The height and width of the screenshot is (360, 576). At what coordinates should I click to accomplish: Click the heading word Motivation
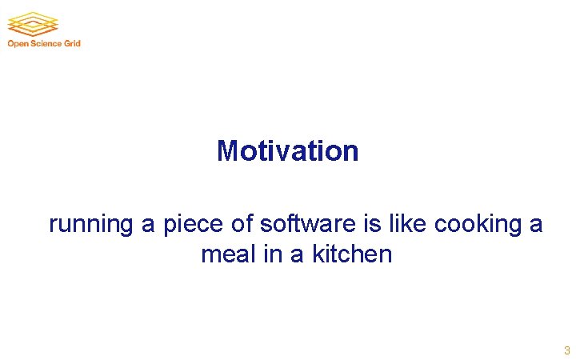(x=287, y=150)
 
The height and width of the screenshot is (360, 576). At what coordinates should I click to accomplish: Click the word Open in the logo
(x=18, y=43)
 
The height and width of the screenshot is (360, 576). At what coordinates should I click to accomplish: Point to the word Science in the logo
(x=46, y=43)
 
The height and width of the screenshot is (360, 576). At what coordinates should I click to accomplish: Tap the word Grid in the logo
(x=73, y=43)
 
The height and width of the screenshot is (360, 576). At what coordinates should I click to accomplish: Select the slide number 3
(x=566, y=350)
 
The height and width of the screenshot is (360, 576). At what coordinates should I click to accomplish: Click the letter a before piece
(x=148, y=225)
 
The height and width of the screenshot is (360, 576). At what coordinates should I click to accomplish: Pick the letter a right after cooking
(x=536, y=225)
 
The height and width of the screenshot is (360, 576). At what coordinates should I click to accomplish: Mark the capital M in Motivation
(x=228, y=150)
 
